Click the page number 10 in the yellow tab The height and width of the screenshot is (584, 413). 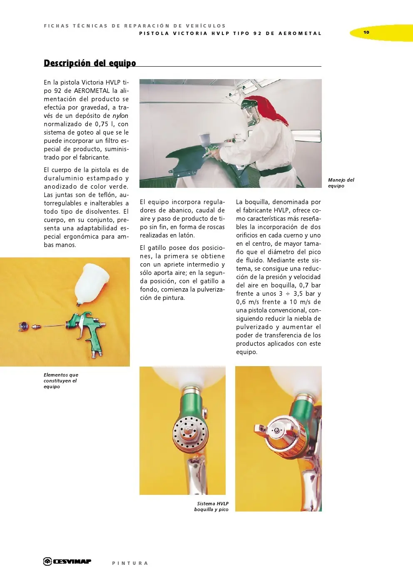point(366,32)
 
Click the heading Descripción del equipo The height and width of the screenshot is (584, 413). point(90,63)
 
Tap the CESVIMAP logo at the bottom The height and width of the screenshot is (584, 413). point(67,562)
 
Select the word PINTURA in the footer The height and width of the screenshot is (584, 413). point(130,563)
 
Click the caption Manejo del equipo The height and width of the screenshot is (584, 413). point(341,183)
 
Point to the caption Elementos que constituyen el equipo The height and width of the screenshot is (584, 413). point(61,381)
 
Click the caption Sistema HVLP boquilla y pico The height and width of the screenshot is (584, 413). point(211,507)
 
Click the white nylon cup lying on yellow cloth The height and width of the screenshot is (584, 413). point(92,283)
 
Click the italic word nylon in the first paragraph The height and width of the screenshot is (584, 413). point(120,116)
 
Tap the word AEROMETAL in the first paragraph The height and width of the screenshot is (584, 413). point(92,91)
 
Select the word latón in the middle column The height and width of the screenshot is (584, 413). point(185,235)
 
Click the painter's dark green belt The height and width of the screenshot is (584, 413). point(275,170)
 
